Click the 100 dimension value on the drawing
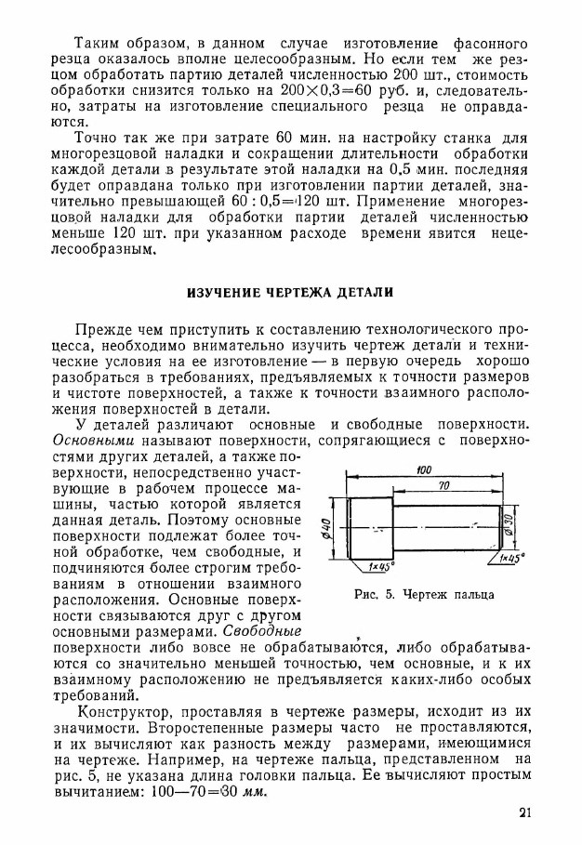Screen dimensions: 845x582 tap(424, 470)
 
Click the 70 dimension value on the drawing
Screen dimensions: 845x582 tap(444, 486)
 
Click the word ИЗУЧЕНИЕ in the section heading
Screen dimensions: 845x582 tap(222, 292)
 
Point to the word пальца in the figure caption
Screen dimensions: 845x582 tap(472, 595)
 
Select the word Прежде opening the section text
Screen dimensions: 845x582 tap(101, 331)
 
